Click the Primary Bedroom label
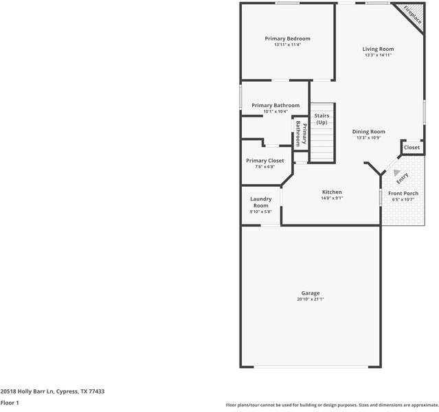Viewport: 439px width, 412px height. [x=287, y=38]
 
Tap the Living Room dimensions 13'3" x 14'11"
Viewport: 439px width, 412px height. [x=379, y=56]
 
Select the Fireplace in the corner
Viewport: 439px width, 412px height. [x=412, y=14]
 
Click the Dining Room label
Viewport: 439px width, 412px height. [x=368, y=131]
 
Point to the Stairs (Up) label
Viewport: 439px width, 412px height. [x=322, y=119]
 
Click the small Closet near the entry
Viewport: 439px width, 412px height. [x=412, y=148]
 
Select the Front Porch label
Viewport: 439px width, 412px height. [x=403, y=194]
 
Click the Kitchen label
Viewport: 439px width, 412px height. [x=332, y=192]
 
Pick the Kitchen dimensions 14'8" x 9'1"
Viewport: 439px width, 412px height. [x=332, y=198]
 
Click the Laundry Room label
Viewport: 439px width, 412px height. [x=260, y=202]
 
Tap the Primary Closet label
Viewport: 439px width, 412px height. [x=264, y=160]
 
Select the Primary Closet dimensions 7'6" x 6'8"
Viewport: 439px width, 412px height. [x=264, y=166]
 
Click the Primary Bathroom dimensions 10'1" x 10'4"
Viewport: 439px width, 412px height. [x=275, y=111]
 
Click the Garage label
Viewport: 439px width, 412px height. [x=311, y=293]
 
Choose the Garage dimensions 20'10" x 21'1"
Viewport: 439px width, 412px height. [x=311, y=299]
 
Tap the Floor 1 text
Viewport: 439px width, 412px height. [x=10, y=402]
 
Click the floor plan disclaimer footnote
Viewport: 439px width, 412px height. [x=331, y=405]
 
